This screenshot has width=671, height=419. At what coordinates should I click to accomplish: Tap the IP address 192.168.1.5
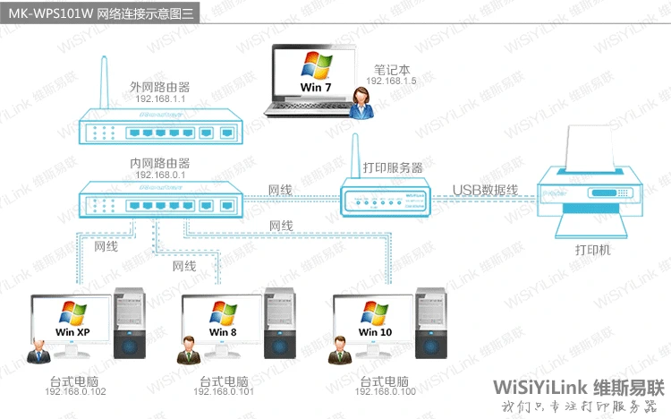[x=391, y=81]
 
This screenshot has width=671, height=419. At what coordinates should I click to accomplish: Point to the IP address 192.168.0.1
[x=160, y=175]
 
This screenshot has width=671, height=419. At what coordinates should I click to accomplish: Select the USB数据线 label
[x=485, y=189]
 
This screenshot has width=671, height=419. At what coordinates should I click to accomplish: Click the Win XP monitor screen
[x=72, y=319]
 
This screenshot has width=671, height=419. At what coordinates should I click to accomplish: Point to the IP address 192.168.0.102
[x=75, y=392]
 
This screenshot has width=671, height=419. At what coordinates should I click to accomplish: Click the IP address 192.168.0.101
[x=224, y=392]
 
